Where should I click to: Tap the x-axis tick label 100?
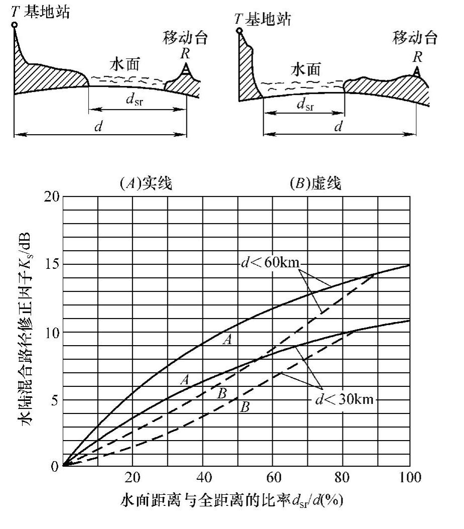(410, 477)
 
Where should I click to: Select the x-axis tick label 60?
(272, 477)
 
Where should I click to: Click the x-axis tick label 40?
(203, 477)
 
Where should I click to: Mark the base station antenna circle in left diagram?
(15, 25)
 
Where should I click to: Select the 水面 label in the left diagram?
(124, 64)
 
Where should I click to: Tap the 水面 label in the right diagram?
(305, 69)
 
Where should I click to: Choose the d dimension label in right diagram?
(338, 126)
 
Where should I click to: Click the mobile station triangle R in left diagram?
(186, 69)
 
